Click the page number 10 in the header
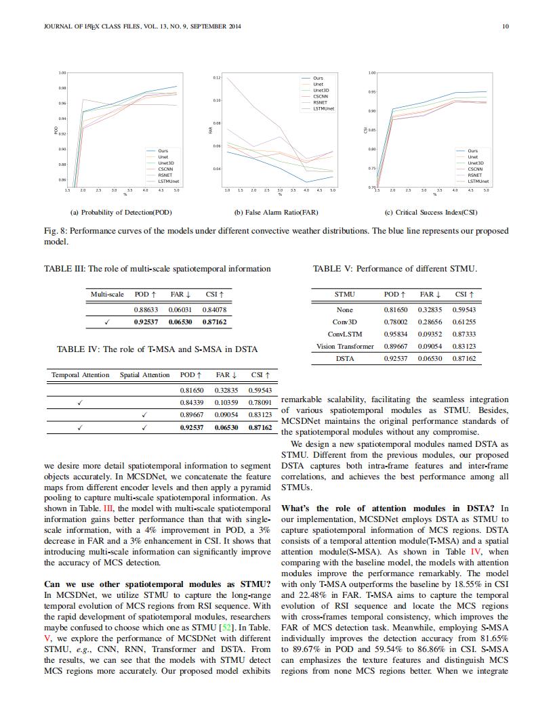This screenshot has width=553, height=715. click(505, 26)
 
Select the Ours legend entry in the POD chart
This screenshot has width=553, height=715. click(163, 151)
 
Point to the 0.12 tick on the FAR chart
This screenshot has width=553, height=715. click(217, 78)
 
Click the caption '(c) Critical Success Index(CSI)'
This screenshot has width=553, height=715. click(431, 212)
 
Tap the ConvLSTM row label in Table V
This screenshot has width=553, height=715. click(345, 334)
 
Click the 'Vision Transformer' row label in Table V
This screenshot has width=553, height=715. click(345, 346)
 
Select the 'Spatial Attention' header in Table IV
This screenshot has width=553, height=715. click(144, 374)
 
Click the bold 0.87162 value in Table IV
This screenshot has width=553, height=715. click(260, 428)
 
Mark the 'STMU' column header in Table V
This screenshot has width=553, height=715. click(345, 295)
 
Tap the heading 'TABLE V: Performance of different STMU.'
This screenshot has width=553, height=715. click(394, 269)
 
